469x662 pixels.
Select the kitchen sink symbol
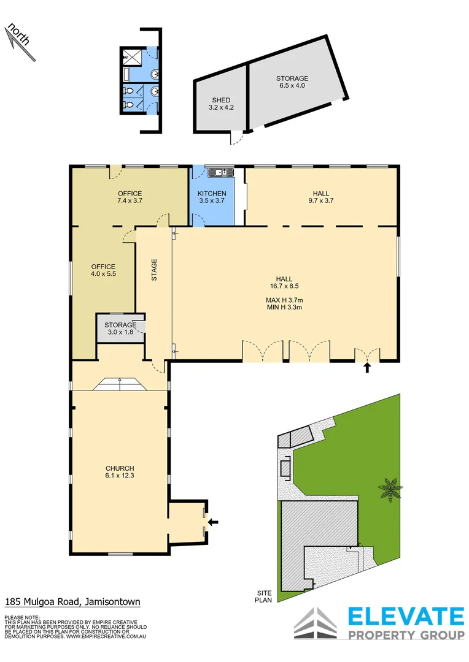(218, 172)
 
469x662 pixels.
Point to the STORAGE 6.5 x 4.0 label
(292, 82)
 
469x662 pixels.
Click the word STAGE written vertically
(154, 270)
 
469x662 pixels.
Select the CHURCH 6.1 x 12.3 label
(119, 472)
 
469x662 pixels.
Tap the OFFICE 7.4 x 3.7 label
(130, 197)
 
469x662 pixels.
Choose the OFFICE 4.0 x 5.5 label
(103, 270)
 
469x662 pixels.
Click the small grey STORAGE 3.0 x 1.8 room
(120, 328)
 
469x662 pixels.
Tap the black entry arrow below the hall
(368, 368)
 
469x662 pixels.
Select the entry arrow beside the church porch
(213, 522)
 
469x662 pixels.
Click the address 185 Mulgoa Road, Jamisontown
(72, 602)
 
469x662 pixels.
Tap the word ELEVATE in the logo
(406, 616)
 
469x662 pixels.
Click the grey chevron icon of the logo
(315, 624)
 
